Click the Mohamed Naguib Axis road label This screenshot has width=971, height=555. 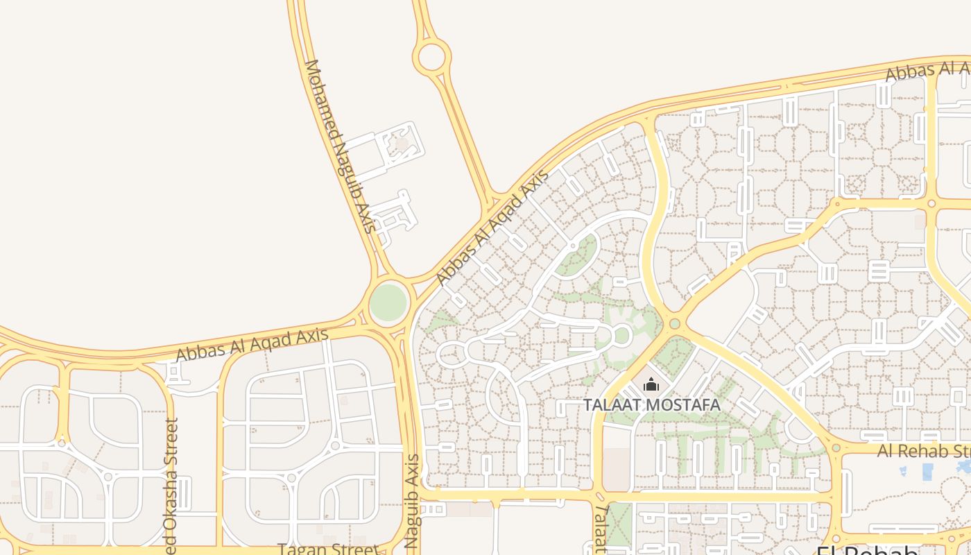point(341,146)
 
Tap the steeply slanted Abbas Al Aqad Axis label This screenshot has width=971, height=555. point(492,227)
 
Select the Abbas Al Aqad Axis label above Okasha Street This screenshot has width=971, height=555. point(252,345)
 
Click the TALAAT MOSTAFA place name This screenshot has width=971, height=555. point(651,404)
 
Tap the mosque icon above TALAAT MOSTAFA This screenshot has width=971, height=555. point(651,384)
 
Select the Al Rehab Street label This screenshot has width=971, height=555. point(923,451)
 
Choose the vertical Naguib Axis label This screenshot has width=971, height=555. point(412,499)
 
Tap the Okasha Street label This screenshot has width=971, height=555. point(171,486)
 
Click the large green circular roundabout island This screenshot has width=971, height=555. point(388,302)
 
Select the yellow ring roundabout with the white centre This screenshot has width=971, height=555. point(431,56)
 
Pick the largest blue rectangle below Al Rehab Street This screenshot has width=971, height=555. point(927,472)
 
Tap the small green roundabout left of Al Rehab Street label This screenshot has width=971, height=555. point(836,448)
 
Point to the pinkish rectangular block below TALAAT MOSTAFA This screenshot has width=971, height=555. point(616,469)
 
